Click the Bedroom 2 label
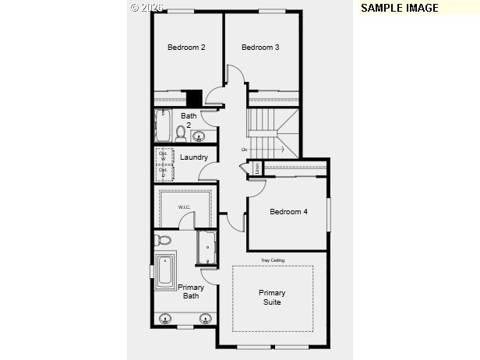click(x=186, y=48)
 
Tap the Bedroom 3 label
click(x=260, y=48)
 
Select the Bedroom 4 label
click(x=288, y=211)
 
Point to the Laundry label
click(x=193, y=157)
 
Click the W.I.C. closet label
click(x=184, y=207)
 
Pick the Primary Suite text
click(x=272, y=297)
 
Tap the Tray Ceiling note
click(x=271, y=259)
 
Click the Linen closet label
click(x=256, y=167)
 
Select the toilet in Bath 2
click(x=181, y=133)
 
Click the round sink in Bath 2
click(x=199, y=137)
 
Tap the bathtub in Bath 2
click(x=164, y=125)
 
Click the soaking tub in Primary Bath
click(x=165, y=270)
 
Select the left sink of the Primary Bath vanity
click(x=165, y=318)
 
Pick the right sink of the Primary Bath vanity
click(x=206, y=318)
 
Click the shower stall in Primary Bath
click(x=207, y=248)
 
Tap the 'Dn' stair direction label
click(x=244, y=150)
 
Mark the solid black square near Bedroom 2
click(x=194, y=98)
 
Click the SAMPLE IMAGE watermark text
click(x=400, y=8)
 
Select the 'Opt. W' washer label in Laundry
click(x=163, y=155)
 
